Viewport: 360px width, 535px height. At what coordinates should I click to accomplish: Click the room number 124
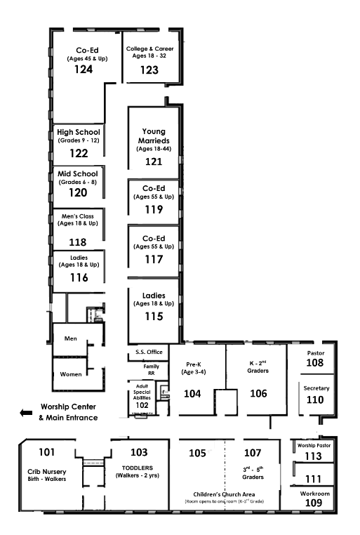coord(84,70)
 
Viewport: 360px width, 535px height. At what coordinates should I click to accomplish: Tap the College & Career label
coord(149,48)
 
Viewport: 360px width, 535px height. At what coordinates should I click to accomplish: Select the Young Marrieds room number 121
coord(154,161)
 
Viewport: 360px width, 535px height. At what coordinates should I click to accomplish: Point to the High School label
coord(79,132)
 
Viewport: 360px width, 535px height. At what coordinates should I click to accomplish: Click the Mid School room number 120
coord(78,193)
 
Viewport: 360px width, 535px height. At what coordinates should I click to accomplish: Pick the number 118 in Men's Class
coord(78,242)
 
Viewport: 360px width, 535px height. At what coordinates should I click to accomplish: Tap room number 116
coord(79,278)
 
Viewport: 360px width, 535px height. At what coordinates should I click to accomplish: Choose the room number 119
coord(154,209)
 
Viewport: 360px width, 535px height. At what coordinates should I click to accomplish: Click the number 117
coord(154,260)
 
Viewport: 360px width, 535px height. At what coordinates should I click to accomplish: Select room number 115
coord(154,317)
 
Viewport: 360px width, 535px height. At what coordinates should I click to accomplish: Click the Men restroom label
coord(71,338)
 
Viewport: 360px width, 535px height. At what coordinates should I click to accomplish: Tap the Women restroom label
coord(71,374)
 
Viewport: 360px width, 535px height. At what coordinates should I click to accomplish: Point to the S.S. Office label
coord(149,352)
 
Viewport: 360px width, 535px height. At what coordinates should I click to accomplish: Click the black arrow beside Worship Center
coord(26,413)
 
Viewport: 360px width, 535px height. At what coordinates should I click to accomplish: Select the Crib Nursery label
coord(47,472)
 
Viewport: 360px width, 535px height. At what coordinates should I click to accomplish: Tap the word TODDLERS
coord(138,468)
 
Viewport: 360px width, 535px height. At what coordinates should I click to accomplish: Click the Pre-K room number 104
coord(192,394)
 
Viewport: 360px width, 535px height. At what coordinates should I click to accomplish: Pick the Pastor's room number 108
coord(314,363)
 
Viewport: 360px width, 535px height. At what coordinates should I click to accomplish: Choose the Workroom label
coord(314,494)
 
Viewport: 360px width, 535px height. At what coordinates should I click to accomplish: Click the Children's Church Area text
coord(224,494)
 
